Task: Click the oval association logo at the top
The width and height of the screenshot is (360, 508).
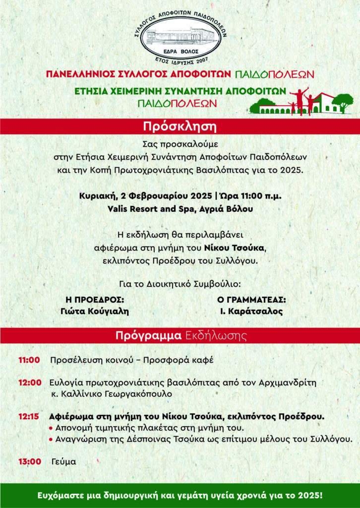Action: point(180,36)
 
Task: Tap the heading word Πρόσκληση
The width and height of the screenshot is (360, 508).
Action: point(180,126)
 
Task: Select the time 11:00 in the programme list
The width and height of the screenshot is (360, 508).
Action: point(29,360)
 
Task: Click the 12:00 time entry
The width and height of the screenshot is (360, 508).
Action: point(29,382)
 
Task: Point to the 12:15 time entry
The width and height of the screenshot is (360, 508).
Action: point(29,416)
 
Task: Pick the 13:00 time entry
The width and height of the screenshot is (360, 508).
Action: point(29,461)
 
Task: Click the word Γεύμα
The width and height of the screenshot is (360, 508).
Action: point(63,461)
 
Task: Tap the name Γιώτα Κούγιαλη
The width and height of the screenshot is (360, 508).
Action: point(95,312)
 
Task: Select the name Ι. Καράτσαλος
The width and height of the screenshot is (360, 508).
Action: point(251,312)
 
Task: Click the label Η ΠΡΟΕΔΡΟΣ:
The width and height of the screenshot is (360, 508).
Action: point(94,300)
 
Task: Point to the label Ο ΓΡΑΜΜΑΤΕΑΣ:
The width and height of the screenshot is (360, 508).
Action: point(251,300)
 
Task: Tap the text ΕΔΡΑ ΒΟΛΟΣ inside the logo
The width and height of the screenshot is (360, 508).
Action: point(180,52)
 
